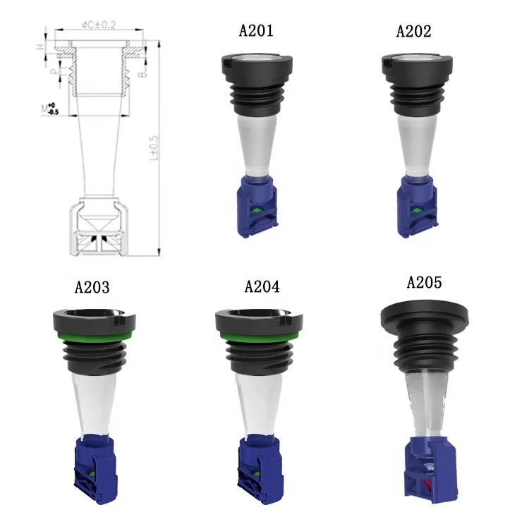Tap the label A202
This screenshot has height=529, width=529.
click(415, 31)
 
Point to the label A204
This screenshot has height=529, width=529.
click(262, 287)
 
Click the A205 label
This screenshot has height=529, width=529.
click(425, 283)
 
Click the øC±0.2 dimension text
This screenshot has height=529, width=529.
click(99, 26)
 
